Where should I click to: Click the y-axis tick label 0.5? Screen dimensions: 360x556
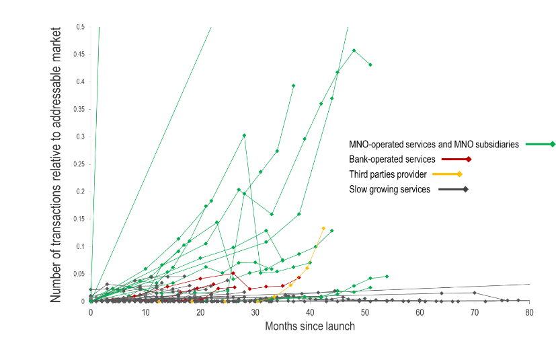click(x=81, y=27)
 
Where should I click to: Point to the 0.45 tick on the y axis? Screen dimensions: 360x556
click(x=79, y=55)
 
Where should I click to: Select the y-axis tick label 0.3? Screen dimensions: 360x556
click(x=81, y=137)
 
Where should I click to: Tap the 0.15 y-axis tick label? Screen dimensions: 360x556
click(x=79, y=219)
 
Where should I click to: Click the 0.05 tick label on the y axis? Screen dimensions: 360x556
click(x=79, y=274)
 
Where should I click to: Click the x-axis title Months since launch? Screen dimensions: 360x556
click(x=310, y=326)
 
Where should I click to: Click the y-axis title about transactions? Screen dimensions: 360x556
click(x=56, y=164)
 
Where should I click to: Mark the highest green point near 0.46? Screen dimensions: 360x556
click(x=354, y=50)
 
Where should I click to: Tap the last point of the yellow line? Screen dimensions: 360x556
click(x=323, y=228)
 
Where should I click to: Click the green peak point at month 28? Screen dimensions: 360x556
click(x=244, y=135)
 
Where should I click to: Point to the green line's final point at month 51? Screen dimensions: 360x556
click(x=370, y=65)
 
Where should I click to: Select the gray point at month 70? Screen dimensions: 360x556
click(x=475, y=293)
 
